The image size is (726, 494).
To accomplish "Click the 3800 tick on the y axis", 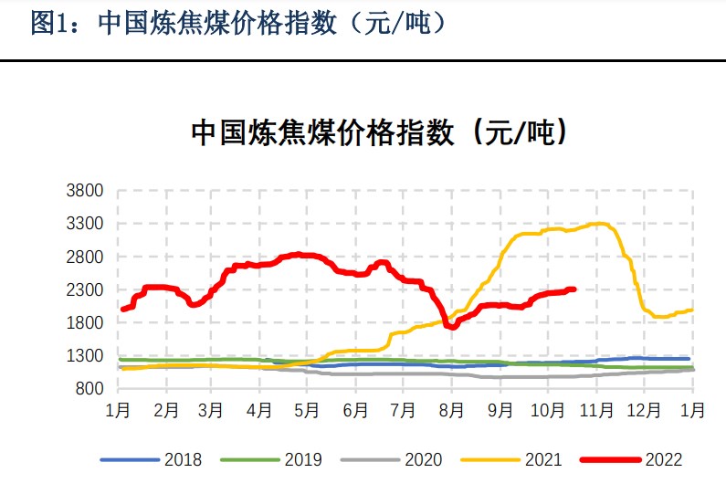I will [x=87, y=191].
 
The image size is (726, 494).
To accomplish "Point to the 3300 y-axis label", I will [x=87, y=224].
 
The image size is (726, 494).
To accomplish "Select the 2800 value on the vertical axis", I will [x=87, y=257].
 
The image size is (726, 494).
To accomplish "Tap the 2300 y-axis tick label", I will [x=87, y=289].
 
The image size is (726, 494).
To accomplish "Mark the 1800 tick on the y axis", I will [x=87, y=323].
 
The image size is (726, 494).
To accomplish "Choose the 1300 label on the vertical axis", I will [x=87, y=356].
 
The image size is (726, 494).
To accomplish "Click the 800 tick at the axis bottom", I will [x=91, y=389].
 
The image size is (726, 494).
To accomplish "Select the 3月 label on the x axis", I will [x=211, y=411].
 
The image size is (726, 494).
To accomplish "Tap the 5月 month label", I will [x=307, y=411].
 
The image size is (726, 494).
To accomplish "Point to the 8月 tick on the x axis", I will [x=452, y=411].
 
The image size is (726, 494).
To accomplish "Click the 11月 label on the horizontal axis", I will [x=595, y=411].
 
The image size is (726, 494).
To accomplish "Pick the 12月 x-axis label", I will [x=644, y=411].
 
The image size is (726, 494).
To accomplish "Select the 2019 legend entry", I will [x=302, y=460].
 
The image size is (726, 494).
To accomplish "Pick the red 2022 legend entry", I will [x=663, y=460].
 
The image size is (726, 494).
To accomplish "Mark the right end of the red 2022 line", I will [x=573, y=289].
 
